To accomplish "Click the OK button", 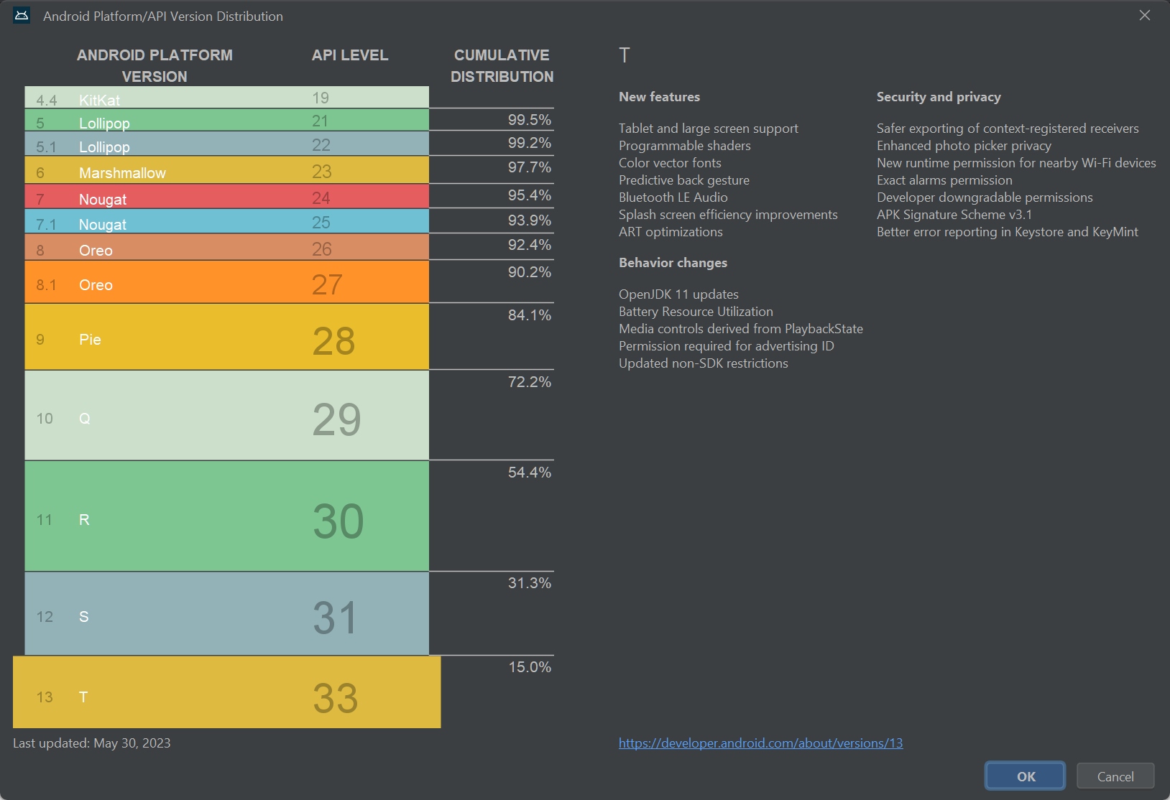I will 1025,776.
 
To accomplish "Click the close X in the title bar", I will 1145,15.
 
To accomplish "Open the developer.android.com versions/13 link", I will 760,743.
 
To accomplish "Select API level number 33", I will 335,697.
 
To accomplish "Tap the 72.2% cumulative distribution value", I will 529,382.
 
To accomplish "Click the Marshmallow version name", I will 122,173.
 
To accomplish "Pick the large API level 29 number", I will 336,419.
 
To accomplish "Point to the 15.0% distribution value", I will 530,667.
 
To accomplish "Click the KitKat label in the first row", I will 99,100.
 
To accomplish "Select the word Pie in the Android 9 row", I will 90,340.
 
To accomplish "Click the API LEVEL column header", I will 350,55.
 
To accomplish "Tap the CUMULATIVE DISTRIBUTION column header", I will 502,65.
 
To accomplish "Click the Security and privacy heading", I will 939,97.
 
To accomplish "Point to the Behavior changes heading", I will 673,263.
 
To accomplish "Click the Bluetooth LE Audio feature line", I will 673,197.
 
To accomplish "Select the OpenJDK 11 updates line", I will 678,294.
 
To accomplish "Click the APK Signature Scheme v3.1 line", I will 954,215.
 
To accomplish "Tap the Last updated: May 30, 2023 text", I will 92,743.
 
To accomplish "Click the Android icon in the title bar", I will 22,16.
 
